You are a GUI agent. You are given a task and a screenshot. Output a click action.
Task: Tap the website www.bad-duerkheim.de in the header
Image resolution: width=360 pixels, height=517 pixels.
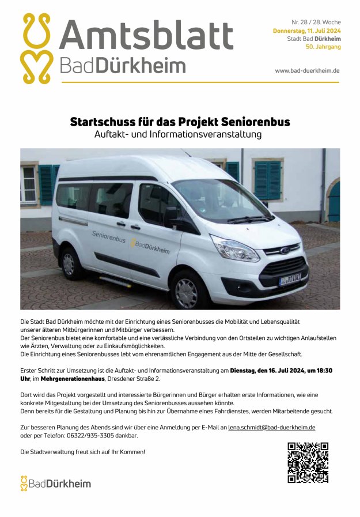click(x=307, y=70)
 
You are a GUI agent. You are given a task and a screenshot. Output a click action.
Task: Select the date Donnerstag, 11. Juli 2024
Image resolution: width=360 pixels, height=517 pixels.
click(x=306, y=31)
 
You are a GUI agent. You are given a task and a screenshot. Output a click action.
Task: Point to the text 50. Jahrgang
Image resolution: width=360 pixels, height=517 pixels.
click(x=323, y=47)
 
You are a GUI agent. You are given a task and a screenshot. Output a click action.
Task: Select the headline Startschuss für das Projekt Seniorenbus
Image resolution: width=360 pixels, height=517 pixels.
click(x=180, y=122)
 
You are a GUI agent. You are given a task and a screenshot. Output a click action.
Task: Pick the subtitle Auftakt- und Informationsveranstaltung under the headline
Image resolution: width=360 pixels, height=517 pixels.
click(x=178, y=135)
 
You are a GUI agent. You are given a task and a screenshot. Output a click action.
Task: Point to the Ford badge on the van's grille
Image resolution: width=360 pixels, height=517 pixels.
click(x=285, y=251)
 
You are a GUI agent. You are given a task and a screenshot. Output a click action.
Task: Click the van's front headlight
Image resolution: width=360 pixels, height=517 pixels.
click(x=234, y=249)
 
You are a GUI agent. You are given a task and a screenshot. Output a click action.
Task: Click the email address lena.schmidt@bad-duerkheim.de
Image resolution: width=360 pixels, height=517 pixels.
click(x=271, y=428)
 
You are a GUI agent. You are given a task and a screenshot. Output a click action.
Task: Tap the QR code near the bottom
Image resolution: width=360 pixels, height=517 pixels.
click(x=308, y=462)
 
